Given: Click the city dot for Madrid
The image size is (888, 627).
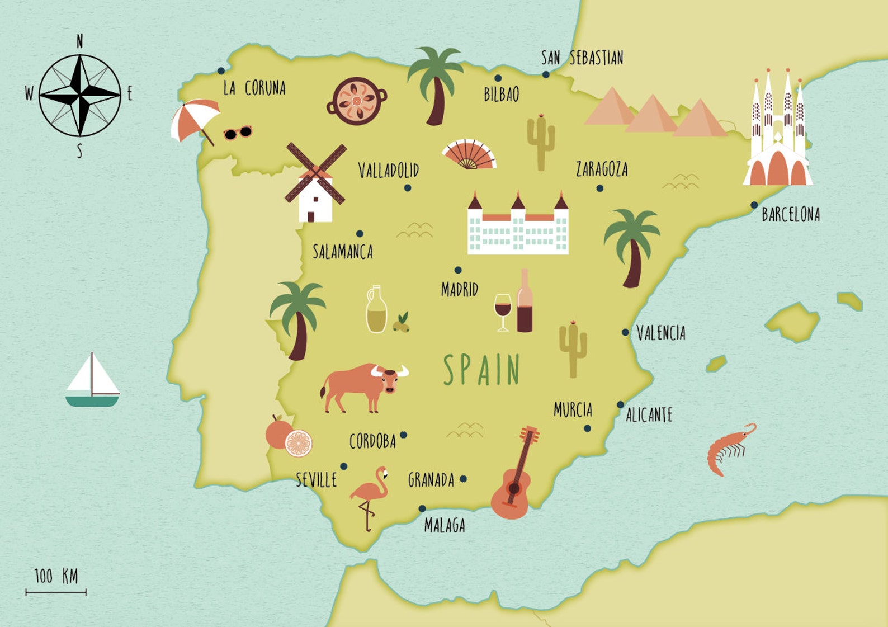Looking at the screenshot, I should point(458,270).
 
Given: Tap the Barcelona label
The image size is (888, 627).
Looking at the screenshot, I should point(791,214).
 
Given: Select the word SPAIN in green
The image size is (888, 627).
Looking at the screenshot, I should point(481,370).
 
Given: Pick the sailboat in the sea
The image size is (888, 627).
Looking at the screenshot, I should point(92,381).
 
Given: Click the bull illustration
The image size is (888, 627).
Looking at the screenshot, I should point(363,386).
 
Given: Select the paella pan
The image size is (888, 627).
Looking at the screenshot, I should point(357,101).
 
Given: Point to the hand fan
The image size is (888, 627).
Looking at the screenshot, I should point(469,154).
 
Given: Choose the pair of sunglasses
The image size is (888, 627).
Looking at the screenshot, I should point(238,133).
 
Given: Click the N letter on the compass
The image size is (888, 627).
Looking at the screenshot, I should point(79,41).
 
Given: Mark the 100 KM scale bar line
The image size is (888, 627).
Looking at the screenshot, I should point(56,592).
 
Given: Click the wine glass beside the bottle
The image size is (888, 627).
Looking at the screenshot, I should point(503,310).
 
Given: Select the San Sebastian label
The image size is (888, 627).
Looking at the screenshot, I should point(582,58).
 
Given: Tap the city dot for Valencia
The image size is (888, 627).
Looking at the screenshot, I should point(626,333).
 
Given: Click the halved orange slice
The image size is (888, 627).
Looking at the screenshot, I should point(299,444).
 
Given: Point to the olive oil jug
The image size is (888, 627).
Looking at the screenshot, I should point(376,310).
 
